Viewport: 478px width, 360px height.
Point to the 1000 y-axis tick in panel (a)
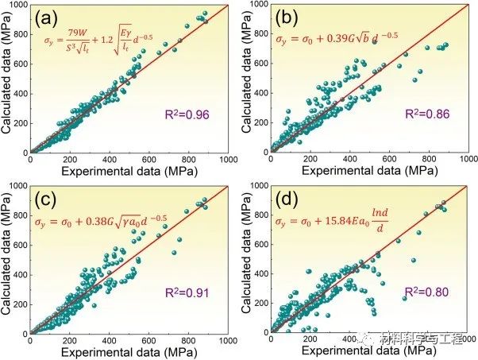(x=17, y=6)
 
